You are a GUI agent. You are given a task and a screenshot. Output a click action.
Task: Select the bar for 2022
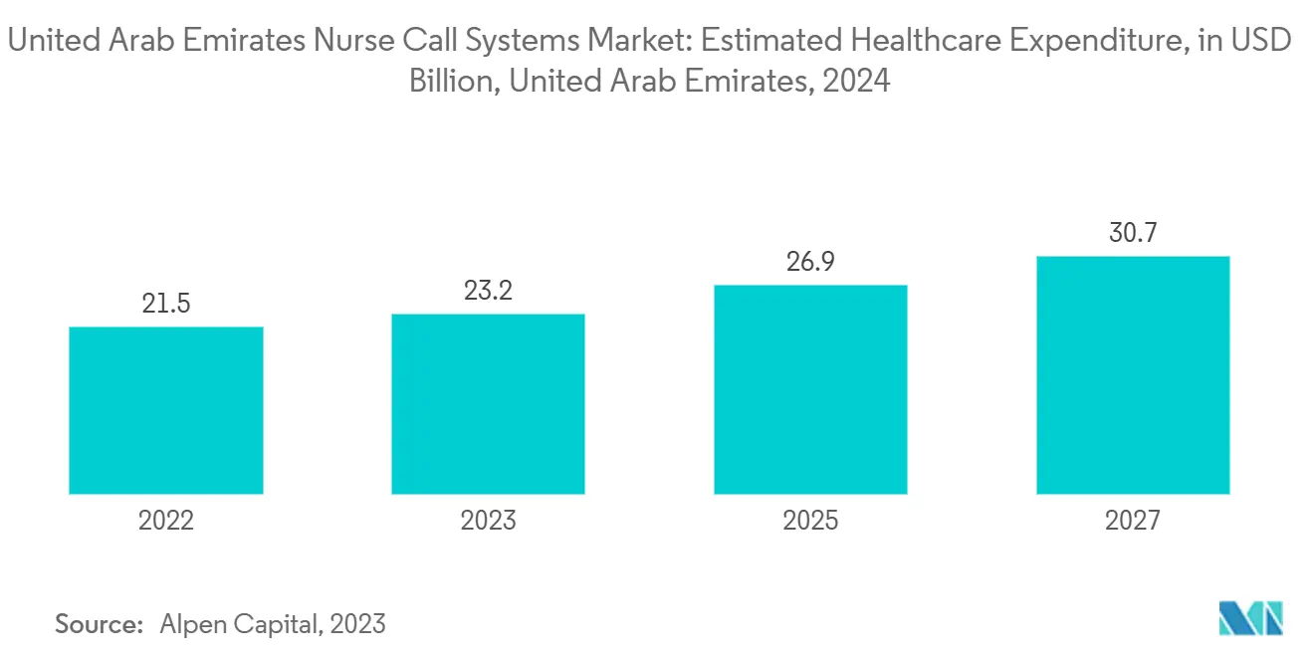coord(166,410)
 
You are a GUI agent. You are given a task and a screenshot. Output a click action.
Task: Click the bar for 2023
coord(488,404)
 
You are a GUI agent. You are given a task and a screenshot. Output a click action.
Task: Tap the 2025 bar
coord(811,389)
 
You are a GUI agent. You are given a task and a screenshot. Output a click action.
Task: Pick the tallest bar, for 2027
coord(1133,375)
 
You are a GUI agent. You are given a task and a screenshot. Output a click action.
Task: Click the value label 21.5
coord(166,304)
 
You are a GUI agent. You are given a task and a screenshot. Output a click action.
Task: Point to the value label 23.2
coord(488,291)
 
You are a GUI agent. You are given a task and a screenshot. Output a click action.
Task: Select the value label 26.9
coord(811,262)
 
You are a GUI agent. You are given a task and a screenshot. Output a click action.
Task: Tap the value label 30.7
coord(1133,233)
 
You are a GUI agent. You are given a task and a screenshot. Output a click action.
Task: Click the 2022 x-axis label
coord(166,521)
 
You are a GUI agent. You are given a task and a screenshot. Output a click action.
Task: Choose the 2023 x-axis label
coord(488,521)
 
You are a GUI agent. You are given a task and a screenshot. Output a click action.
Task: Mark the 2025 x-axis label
coord(811,521)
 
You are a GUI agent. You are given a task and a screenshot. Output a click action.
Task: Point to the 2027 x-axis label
coord(1133,521)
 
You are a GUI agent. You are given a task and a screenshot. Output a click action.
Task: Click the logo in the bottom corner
coord(1251,618)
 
